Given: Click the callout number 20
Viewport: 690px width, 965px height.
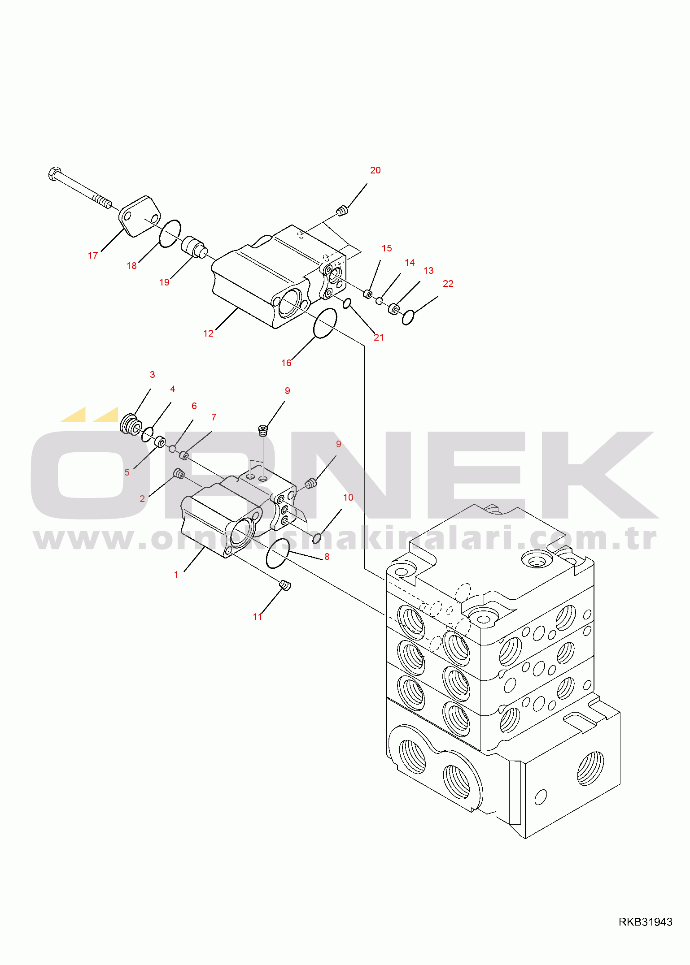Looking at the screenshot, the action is click(x=375, y=170).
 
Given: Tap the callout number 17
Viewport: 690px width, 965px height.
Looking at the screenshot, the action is click(x=93, y=255).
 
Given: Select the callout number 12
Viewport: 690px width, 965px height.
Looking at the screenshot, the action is click(x=208, y=333).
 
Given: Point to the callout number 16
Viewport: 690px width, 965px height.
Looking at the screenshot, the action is click(x=286, y=363).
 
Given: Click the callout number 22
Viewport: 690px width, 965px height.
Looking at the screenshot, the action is click(x=448, y=284).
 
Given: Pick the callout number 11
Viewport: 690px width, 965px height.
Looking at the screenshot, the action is click(x=258, y=617).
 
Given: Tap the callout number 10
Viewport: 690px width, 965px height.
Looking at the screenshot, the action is click(x=348, y=498).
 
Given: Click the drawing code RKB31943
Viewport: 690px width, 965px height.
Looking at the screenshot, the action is click(x=646, y=922).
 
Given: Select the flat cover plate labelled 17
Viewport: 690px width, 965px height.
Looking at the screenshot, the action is click(x=140, y=216).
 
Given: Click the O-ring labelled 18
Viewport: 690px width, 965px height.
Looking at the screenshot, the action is click(x=170, y=234).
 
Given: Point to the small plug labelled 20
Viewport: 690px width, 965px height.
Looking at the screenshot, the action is click(x=342, y=210).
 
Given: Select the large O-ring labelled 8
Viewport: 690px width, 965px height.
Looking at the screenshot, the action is click(x=278, y=554).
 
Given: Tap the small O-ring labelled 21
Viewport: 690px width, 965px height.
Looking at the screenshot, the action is click(x=347, y=304).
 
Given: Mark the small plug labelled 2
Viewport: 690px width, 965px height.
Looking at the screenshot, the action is click(x=179, y=474).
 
